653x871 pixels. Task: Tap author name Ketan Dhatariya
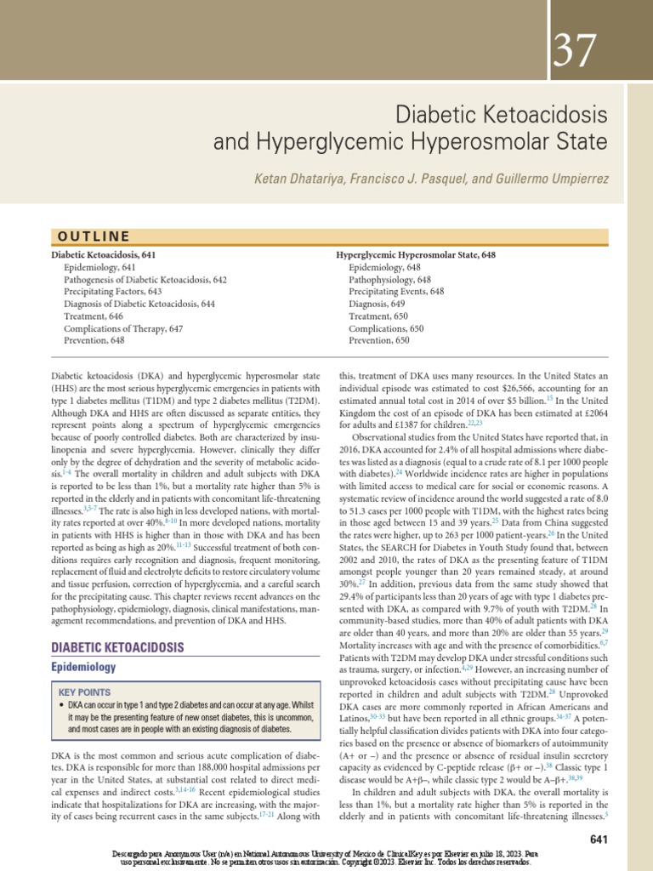coord(297,181)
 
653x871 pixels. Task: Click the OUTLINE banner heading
coord(93,236)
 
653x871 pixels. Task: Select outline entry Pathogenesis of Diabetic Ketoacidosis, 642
coord(145,279)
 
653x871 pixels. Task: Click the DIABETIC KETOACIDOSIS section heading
coord(117,648)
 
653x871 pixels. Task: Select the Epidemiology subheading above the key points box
coord(83,668)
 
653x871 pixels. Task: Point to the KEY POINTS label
coord(84,692)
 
